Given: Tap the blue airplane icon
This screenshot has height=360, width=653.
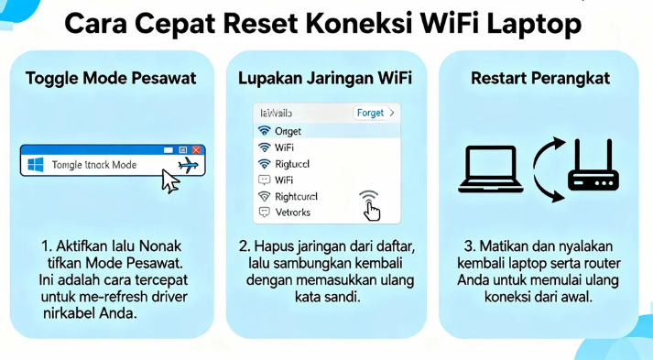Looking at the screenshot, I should click(189, 165).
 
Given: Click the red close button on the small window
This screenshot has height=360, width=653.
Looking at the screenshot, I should click(197, 148).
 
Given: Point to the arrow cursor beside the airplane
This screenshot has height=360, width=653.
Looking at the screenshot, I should click(170, 180).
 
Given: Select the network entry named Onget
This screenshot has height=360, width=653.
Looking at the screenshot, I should click(288, 131).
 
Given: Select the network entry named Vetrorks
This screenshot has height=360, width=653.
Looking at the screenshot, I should click(292, 213).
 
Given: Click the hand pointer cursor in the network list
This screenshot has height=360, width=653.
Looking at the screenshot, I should click(372, 212).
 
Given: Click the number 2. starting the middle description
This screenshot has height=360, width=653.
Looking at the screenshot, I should click(245, 246).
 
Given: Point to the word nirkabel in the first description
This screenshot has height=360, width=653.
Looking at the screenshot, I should click(69, 314).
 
